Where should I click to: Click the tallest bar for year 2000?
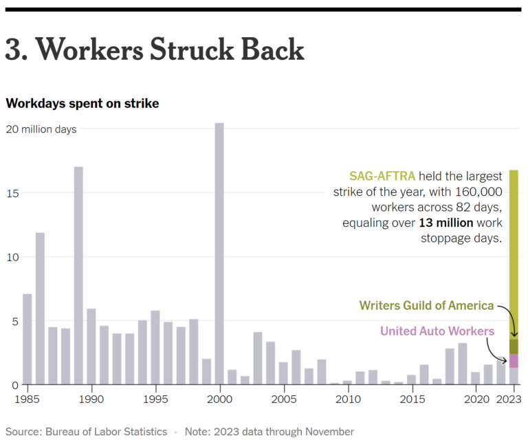219,254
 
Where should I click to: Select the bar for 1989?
78,276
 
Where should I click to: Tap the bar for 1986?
40,309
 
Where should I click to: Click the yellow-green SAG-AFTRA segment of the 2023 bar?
514,254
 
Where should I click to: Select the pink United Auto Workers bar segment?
514,361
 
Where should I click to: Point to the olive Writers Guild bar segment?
514,346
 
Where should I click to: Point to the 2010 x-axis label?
348,399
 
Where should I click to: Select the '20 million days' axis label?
41,129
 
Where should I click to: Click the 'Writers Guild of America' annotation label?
426,305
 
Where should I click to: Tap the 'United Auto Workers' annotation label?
437,331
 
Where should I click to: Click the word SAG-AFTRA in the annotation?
382,177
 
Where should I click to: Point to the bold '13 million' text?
447,223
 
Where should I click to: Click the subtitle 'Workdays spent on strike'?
82,103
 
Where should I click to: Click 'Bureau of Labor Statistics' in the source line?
106,432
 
